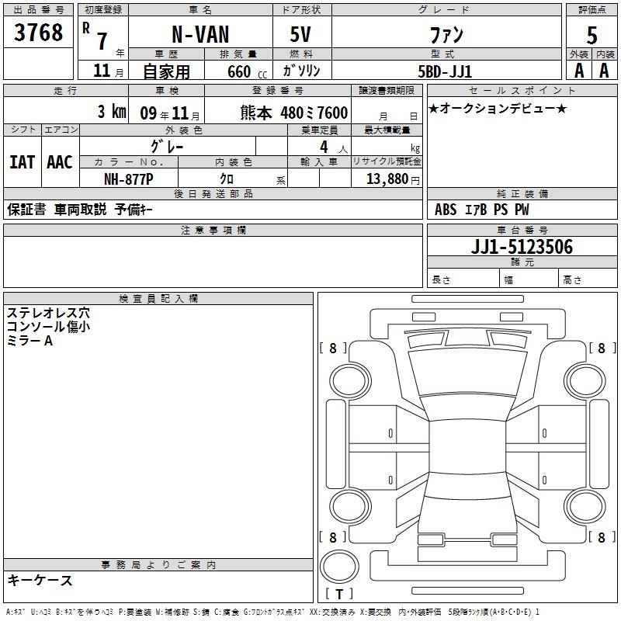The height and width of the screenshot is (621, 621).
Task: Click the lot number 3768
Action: [x=38, y=32]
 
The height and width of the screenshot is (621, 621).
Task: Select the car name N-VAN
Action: [x=200, y=34]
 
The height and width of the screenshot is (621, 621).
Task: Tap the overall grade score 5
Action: [x=592, y=35]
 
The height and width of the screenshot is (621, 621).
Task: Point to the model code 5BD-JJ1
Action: [x=445, y=71]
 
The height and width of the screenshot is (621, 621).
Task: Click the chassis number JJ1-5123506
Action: [x=522, y=247]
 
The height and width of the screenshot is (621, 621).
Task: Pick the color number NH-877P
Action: [x=129, y=179]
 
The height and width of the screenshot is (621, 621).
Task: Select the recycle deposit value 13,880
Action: [x=387, y=179]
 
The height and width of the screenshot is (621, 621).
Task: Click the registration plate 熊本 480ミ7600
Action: [x=294, y=113]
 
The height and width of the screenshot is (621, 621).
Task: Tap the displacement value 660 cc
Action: [x=247, y=72]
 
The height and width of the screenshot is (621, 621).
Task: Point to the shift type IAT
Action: [x=23, y=162]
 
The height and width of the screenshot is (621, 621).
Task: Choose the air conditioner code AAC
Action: [x=60, y=162]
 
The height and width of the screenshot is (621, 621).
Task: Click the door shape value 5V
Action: [x=300, y=34]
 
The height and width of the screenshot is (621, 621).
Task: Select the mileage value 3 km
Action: [x=112, y=112]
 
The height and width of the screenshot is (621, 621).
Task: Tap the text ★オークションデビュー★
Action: [x=498, y=108]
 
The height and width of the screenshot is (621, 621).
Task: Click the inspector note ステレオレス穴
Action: [x=48, y=313]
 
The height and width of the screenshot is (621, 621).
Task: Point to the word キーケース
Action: [x=40, y=580]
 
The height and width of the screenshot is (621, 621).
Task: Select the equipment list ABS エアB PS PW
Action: [x=481, y=210]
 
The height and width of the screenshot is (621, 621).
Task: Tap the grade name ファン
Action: [x=446, y=35]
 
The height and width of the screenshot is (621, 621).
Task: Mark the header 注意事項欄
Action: [x=213, y=230]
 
